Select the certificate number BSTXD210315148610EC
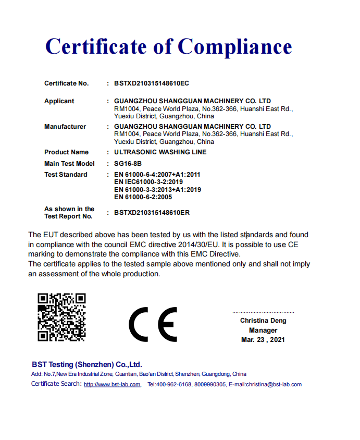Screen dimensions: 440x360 (x=152, y=83)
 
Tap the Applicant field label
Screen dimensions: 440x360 (x=59, y=101)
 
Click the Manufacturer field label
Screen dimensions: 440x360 (x=65, y=127)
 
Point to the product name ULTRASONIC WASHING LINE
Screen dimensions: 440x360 (x=160, y=152)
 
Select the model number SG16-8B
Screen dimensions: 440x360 (x=127, y=164)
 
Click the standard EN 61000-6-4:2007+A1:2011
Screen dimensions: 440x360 (x=157, y=175)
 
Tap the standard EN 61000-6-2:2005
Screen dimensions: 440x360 (x=143, y=197)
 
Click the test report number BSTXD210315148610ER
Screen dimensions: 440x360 (x=152, y=213)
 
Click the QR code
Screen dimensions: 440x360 (x=61, y=317)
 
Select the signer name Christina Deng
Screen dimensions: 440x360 (x=263, y=321)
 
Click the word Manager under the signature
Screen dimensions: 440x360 (x=263, y=330)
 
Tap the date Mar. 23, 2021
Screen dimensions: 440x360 (x=263, y=339)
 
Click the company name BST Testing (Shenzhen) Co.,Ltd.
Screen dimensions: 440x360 (x=86, y=364)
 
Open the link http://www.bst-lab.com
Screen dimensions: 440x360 (x=112, y=385)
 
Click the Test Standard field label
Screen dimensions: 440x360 (x=66, y=175)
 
